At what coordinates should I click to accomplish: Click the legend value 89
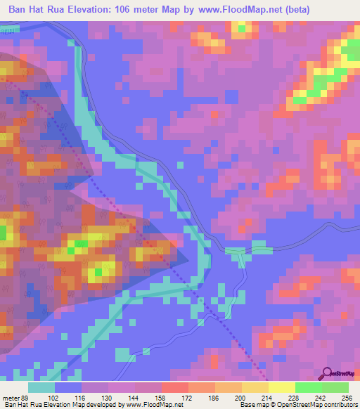coord(26,398)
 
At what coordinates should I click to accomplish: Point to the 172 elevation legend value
coord(188,398)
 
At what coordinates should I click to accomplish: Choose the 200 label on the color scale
coord(241,398)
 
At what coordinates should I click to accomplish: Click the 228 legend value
coord(295,398)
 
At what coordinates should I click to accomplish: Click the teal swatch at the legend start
coord(41,387)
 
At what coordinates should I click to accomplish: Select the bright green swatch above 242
coord(308,387)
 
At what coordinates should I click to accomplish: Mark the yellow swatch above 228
coord(281,387)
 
